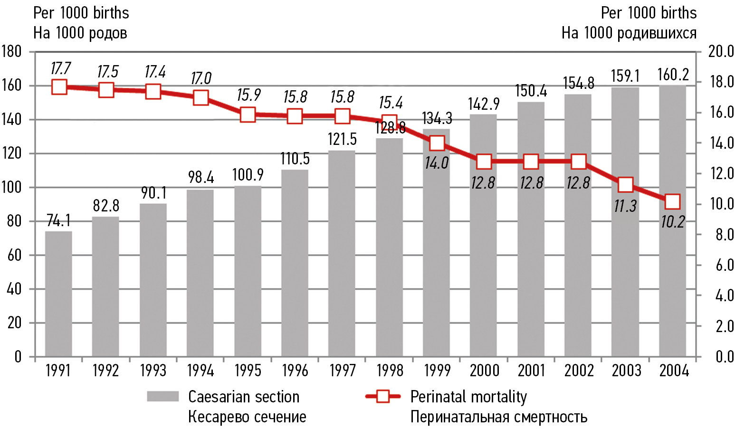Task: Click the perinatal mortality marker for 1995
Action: point(248,115)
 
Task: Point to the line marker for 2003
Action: point(625,185)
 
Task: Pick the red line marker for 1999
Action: point(437,143)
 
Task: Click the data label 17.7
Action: point(60,68)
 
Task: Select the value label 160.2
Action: point(673,75)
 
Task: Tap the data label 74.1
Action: point(58,221)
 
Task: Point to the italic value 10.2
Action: point(672,222)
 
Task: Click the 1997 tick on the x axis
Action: point(343,371)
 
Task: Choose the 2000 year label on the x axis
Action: point(484,371)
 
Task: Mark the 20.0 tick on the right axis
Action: point(721,51)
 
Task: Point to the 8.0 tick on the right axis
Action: point(724,235)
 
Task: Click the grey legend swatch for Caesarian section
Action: point(162,397)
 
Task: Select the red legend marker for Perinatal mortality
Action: point(382,397)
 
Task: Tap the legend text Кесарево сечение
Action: point(247,417)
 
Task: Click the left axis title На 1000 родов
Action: point(80,33)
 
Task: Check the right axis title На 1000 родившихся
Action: point(629,33)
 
